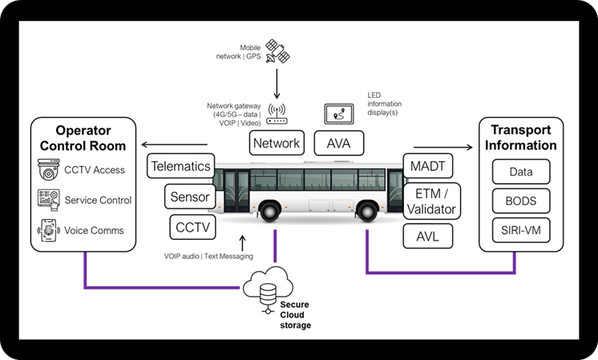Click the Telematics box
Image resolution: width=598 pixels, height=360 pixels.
click(x=180, y=167)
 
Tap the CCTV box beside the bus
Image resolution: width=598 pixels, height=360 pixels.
click(x=192, y=227)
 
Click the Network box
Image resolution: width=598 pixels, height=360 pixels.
click(x=277, y=144)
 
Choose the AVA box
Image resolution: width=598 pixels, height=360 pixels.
click(x=339, y=144)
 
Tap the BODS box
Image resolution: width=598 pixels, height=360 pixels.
click(x=521, y=201)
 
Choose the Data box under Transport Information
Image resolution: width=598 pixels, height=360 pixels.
click(x=521, y=171)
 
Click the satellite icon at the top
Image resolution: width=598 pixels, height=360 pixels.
click(x=277, y=51)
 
